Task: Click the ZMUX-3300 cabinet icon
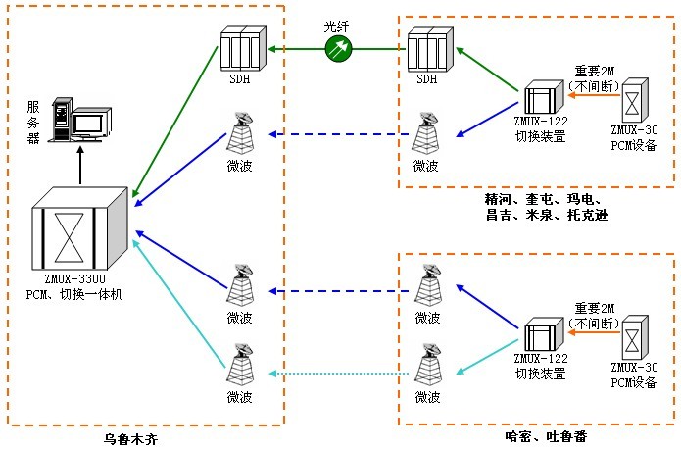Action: coord(78,232)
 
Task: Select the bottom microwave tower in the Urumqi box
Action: coord(240,366)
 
